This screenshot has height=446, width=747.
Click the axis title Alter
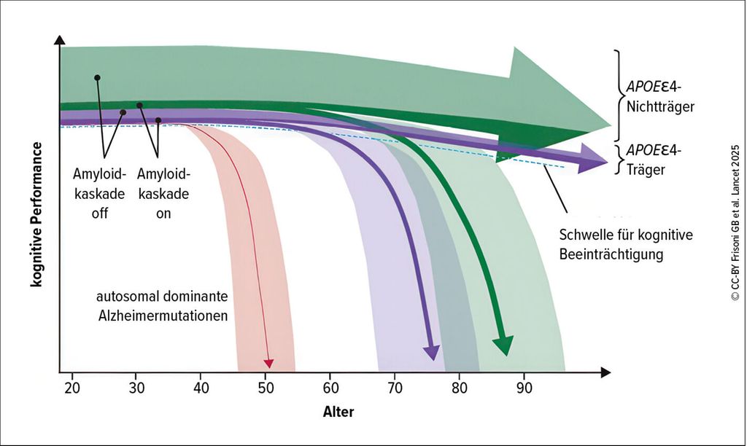(x=338, y=412)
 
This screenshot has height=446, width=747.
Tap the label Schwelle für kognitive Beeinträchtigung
(x=625, y=245)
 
